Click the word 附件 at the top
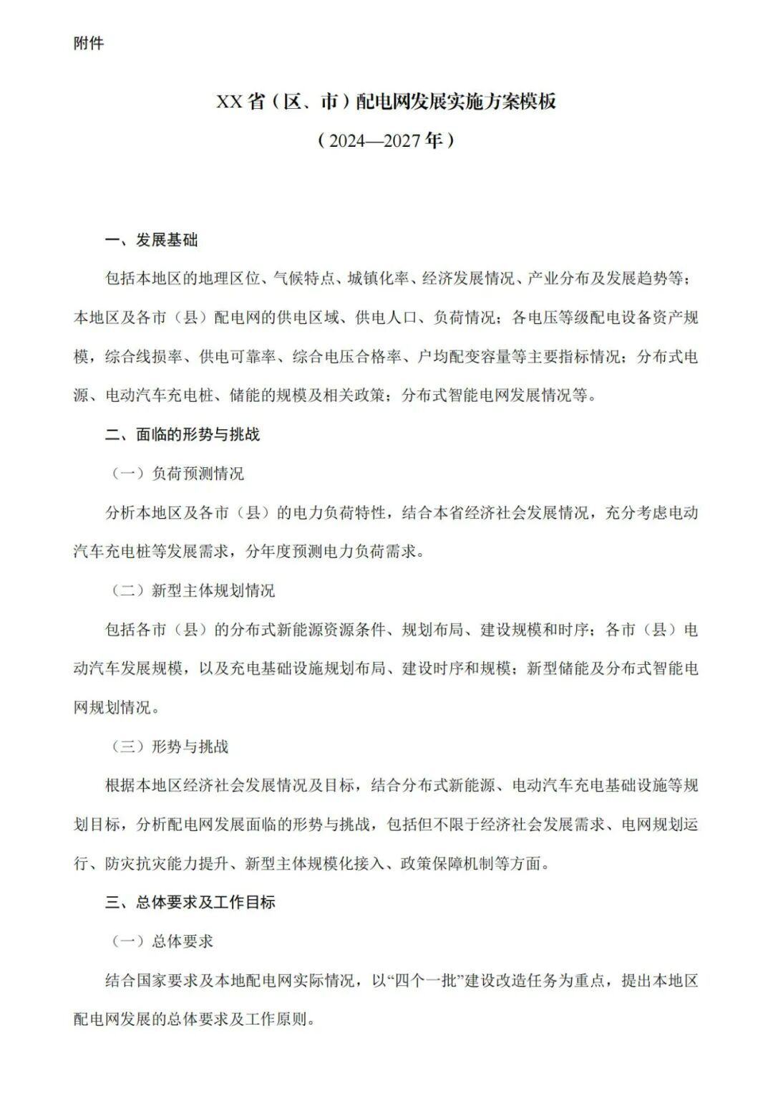click(x=89, y=44)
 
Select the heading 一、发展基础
click(x=151, y=240)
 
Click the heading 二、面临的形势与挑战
click(x=183, y=434)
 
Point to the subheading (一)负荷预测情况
click(x=177, y=474)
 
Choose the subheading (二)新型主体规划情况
click(x=193, y=590)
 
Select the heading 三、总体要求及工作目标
click(x=190, y=902)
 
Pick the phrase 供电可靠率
click(x=237, y=356)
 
